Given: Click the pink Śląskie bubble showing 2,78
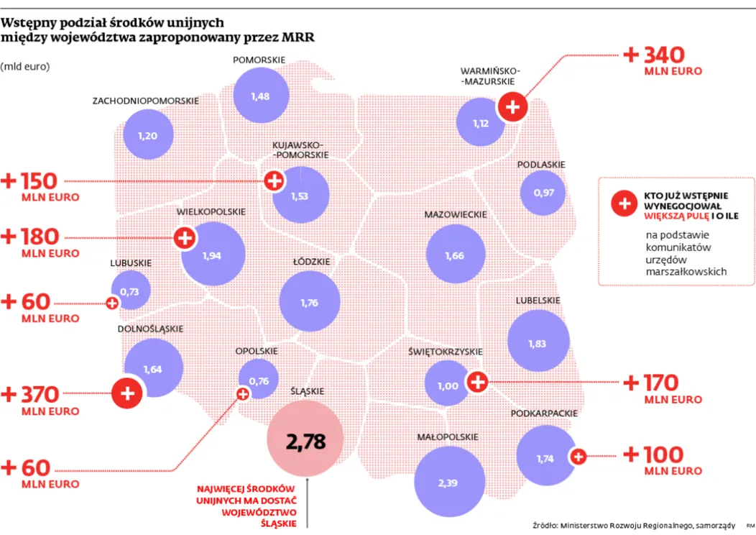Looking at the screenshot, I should pos(305,440).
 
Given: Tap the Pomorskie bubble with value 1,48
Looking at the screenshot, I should pos(261,96).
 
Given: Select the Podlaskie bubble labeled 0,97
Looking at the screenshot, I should pos(543,193).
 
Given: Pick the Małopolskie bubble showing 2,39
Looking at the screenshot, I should pos(447,481).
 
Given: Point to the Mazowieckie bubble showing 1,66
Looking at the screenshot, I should pos(454,255).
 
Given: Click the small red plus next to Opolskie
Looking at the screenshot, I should pos(243,393).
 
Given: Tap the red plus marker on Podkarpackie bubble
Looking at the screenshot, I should pos(578,456).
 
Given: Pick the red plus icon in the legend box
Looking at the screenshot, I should pos(624,203).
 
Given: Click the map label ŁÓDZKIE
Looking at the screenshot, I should pos(311,262).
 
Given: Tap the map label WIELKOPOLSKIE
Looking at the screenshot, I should pos(211,212).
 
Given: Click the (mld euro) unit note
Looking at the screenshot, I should pos(25,66).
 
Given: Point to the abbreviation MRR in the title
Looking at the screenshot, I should pos(297,37).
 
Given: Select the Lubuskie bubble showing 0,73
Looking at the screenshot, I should pos(130,291).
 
